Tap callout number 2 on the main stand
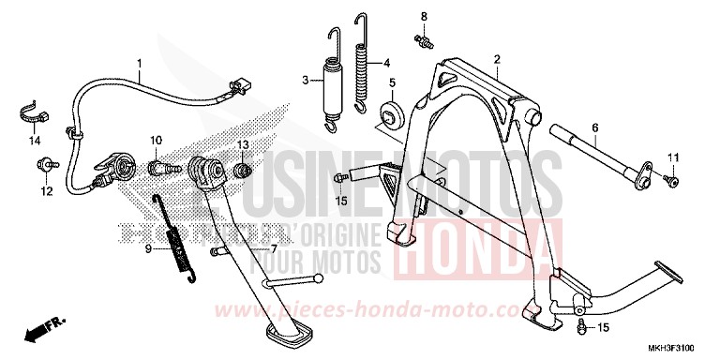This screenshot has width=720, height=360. click(497, 58)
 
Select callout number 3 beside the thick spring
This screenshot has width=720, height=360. click(306, 81)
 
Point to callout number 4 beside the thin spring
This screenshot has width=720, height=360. click(386, 64)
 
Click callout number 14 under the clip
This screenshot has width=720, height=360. click(34, 142)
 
